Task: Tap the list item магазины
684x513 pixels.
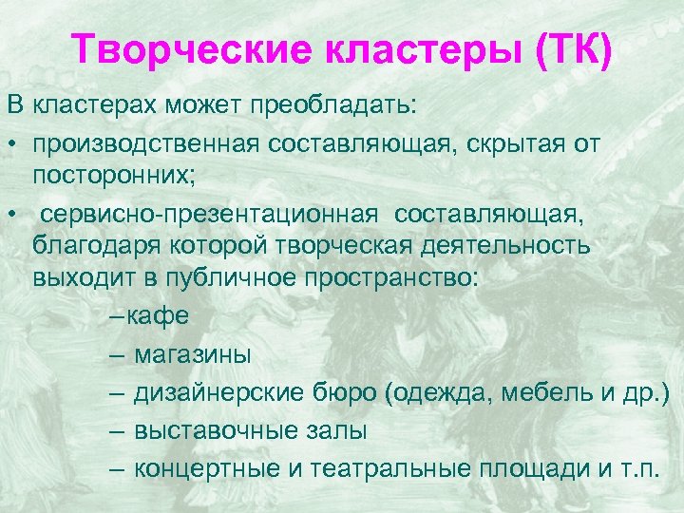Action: (193, 355)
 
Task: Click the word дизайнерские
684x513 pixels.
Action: (209, 392)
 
